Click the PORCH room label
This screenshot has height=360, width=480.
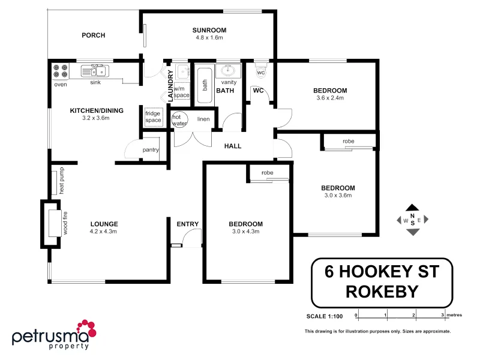pyautogui.click(x=93, y=35)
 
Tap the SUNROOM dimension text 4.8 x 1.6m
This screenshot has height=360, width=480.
pyautogui.click(x=209, y=38)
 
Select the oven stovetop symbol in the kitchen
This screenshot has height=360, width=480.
pyautogui.click(x=60, y=71)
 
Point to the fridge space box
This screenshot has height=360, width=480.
pyautogui.click(x=153, y=116)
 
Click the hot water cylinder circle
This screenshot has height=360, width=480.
pyautogui.click(x=181, y=119)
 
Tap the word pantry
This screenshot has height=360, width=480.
pyautogui.click(x=150, y=150)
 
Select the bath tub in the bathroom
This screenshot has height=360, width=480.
pyautogui.click(x=205, y=85)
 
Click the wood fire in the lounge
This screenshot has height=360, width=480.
pyautogui.click(x=52, y=224)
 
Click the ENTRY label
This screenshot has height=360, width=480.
pyautogui.click(x=187, y=224)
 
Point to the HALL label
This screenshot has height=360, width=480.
pyautogui.click(x=233, y=146)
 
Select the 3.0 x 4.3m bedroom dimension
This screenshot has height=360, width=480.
pyautogui.click(x=245, y=232)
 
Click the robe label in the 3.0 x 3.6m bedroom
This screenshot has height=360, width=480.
pyautogui.click(x=348, y=142)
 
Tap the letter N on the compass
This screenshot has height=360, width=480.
pyautogui.click(x=412, y=215)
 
